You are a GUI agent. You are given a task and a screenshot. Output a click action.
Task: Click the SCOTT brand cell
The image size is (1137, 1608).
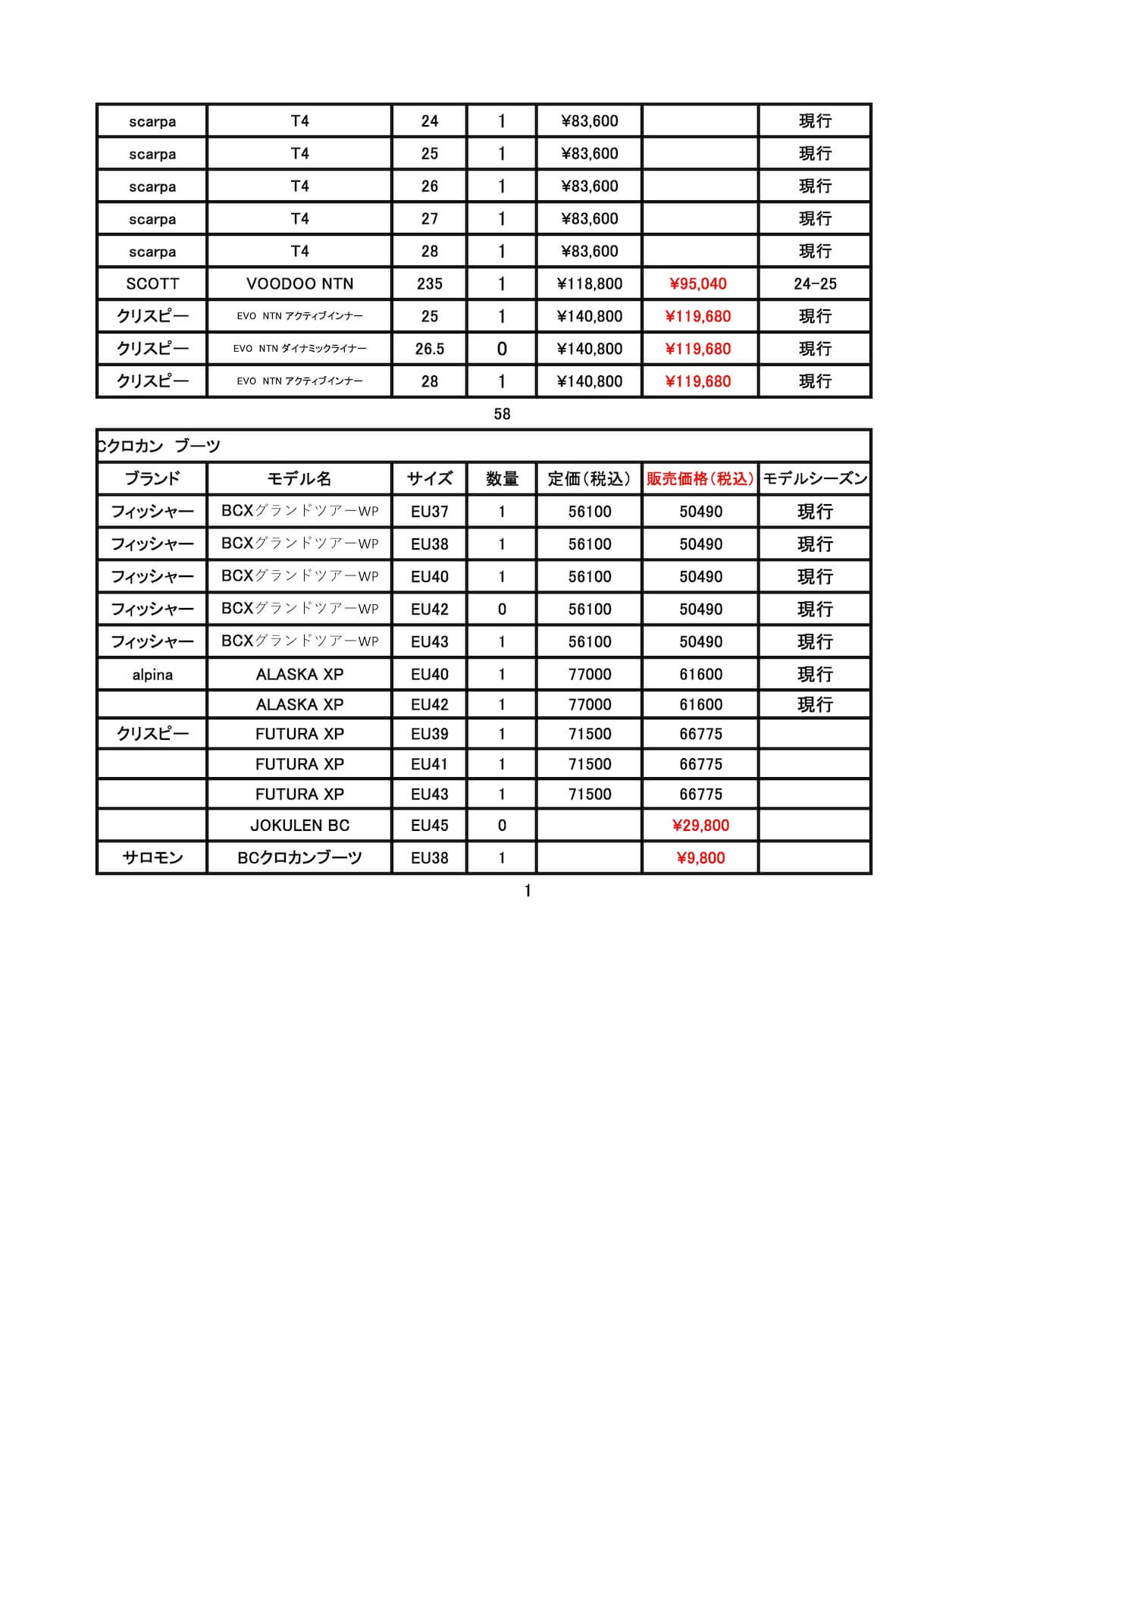click(x=152, y=284)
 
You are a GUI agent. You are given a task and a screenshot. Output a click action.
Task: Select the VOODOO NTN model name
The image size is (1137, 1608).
click(x=299, y=284)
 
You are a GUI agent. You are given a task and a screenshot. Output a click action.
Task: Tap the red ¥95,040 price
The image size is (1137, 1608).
click(x=698, y=284)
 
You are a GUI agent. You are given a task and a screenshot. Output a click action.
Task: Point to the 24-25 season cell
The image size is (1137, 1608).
click(x=815, y=284)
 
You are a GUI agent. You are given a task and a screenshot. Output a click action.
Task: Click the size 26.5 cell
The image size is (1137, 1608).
click(x=429, y=349)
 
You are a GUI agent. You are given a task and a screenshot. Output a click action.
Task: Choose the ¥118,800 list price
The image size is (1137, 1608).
click(x=590, y=284)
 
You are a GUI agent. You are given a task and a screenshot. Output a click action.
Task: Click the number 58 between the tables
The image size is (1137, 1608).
click(x=502, y=414)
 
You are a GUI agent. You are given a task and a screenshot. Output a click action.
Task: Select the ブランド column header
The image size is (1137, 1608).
click(x=152, y=478)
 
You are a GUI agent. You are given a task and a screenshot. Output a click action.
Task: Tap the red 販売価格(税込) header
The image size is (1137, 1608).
click(x=700, y=478)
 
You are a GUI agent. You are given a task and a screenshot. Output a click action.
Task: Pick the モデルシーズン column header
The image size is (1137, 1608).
click(x=815, y=478)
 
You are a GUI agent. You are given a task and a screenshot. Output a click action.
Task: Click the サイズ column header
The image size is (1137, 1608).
click(x=429, y=478)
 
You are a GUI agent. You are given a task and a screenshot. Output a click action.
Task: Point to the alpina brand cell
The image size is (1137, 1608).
click(x=152, y=674)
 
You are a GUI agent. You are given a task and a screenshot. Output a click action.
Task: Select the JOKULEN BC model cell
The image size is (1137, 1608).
click(x=299, y=825)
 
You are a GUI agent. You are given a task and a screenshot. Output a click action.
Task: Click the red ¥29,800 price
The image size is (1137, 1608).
click(x=700, y=825)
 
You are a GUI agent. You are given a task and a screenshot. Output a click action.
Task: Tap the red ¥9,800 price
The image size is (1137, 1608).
click(x=700, y=857)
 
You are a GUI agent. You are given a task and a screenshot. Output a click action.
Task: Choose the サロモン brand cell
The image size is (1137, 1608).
click(x=152, y=857)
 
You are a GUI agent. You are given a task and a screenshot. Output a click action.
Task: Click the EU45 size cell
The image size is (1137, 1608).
click(x=429, y=825)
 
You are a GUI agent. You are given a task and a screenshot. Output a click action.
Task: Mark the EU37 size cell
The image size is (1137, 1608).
click(x=429, y=511)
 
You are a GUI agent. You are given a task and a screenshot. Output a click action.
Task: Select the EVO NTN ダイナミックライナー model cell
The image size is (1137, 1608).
click(x=299, y=349)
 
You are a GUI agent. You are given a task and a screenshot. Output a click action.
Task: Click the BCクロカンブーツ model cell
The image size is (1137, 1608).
click(x=299, y=857)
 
